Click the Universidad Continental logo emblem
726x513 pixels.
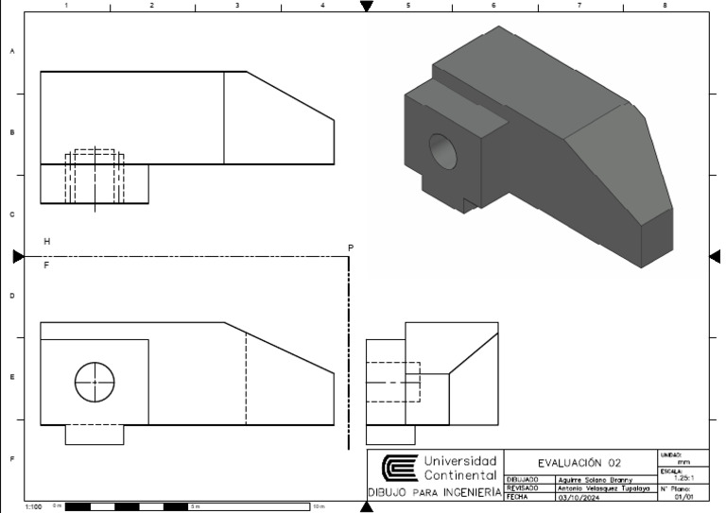click(398, 469)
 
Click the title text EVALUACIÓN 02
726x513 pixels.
click(579, 462)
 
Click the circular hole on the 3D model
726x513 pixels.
click(442, 151)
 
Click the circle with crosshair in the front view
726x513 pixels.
click(95, 381)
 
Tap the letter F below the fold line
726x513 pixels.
click(46, 265)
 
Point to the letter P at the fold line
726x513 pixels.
click(351, 248)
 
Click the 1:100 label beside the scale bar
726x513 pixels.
click(34, 507)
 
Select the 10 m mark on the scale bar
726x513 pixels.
click(318, 507)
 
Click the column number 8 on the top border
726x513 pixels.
click(665, 6)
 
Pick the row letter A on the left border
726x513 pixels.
click(12, 52)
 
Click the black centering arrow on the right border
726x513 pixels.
click(715, 256)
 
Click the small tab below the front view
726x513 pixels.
click(94, 435)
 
